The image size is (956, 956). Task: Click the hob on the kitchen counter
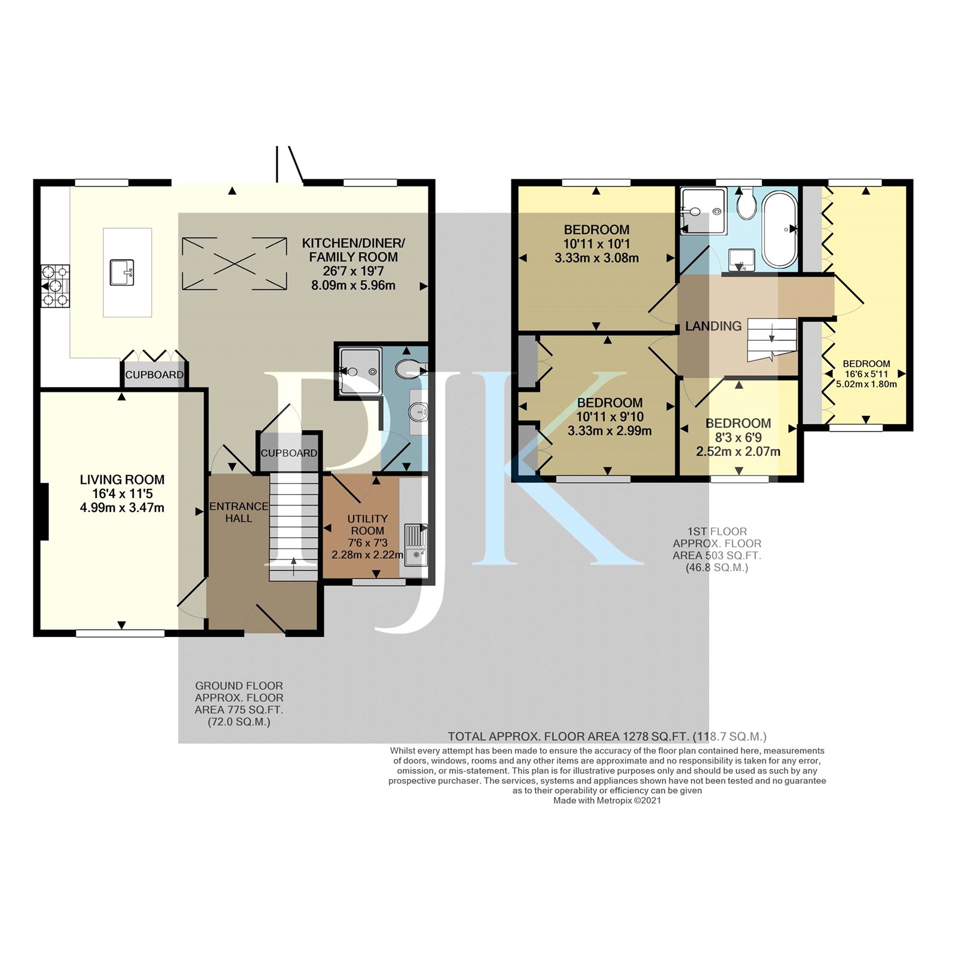tap(56, 286)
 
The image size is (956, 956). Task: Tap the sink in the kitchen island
tap(121, 272)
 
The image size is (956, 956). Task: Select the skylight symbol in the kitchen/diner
tap(234, 263)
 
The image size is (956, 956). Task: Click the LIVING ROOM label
tap(122, 480)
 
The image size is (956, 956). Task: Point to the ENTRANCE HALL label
tap(239, 512)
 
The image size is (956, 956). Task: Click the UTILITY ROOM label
tap(367, 525)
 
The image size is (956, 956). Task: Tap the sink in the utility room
tap(416, 544)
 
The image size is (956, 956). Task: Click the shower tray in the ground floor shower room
tap(360, 371)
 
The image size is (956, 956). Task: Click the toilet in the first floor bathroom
tap(746, 203)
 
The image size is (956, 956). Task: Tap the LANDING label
tap(713, 326)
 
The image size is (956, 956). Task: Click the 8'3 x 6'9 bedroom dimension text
tap(738, 437)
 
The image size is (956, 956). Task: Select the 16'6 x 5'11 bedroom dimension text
tap(866, 374)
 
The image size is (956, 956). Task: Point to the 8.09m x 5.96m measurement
tap(353, 286)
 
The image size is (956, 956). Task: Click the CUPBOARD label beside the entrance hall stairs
tap(289, 453)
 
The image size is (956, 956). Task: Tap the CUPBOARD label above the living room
tap(154, 375)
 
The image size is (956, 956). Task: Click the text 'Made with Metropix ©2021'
tap(607, 801)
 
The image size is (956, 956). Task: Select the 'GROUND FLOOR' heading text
tap(239, 686)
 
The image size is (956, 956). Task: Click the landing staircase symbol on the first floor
tap(772, 340)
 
